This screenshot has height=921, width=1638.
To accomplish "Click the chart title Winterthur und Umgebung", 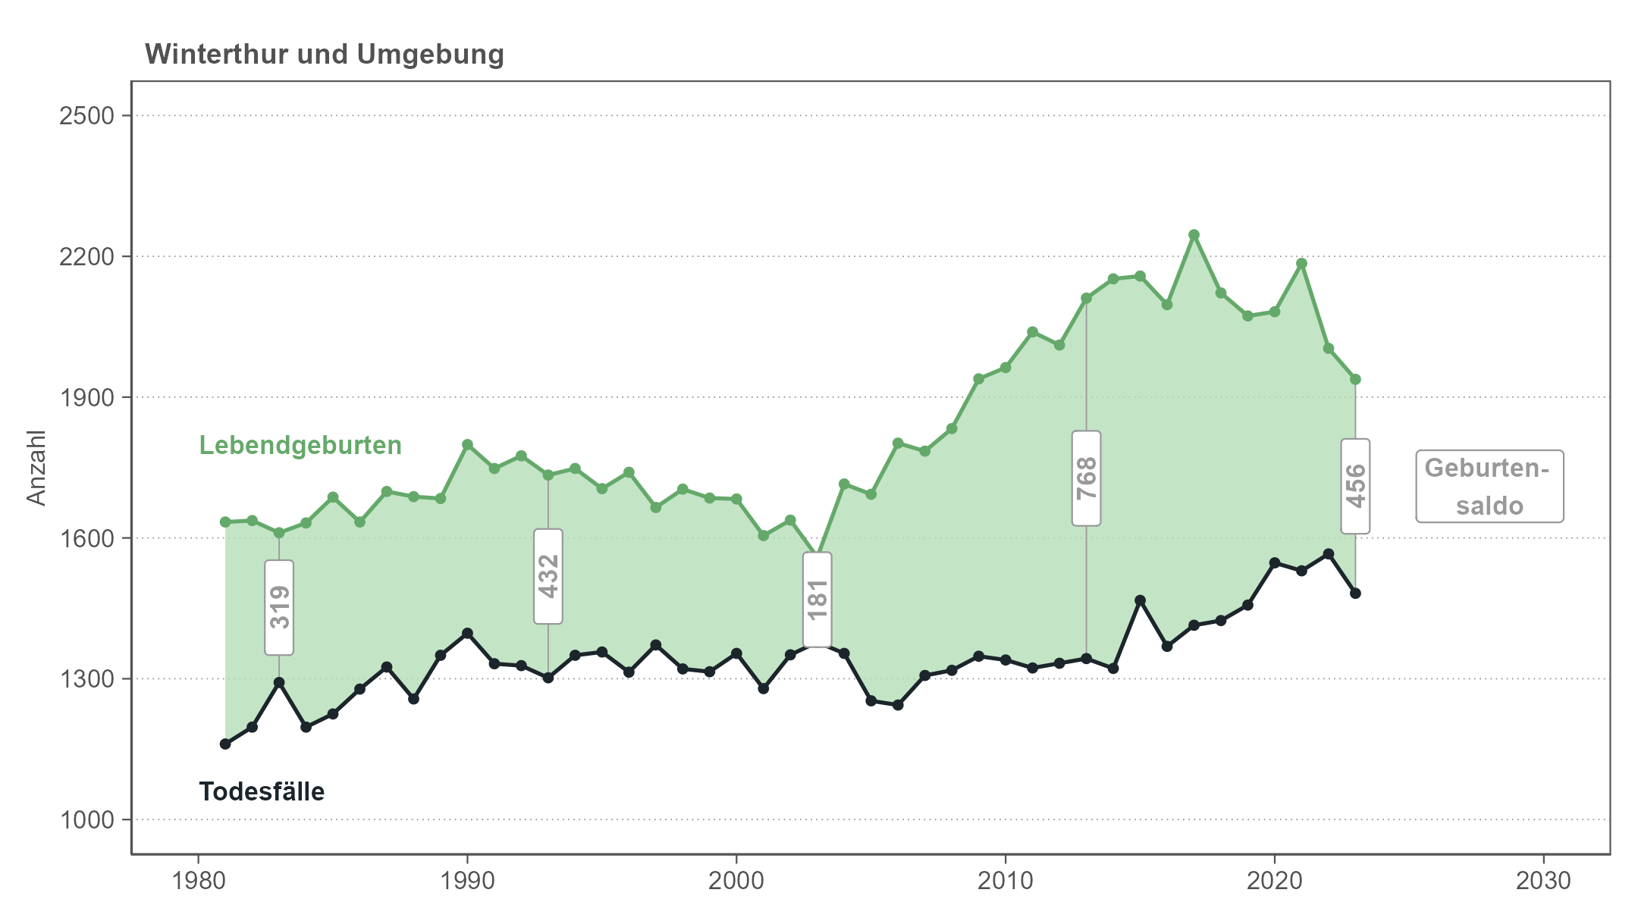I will click(325, 55).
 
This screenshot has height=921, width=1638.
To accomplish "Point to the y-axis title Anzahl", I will click(36, 468).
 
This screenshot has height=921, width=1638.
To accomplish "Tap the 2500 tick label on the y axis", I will click(86, 116).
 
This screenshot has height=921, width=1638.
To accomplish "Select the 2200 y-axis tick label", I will click(86, 257).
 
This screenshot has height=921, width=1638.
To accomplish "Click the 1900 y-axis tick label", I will click(86, 398).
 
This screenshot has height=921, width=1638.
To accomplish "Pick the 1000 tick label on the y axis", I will click(86, 820).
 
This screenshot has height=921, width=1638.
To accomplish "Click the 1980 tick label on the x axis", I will click(199, 881).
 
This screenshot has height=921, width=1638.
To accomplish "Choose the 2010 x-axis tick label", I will click(1006, 881).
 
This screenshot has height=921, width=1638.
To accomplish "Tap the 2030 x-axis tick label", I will click(1543, 881).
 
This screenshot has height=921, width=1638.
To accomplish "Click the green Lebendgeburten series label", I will click(300, 446).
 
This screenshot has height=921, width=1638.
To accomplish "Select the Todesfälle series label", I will click(262, 792).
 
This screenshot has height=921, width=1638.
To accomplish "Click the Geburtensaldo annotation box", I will click(1489, 487).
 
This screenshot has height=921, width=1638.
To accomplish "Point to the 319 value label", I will click(279, 607).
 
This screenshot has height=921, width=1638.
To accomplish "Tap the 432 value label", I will click(548, 576).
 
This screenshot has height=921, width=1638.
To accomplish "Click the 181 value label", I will click(817, 600).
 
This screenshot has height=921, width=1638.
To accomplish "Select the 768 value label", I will click(1087, 478).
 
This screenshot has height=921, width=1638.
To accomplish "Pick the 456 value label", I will click(1355, 486).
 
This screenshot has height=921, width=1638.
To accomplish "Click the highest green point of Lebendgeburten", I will click(1194, 235).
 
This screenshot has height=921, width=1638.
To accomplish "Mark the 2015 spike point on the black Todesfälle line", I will click(1140, 600).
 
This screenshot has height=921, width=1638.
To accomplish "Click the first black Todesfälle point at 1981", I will click(225, 744).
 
